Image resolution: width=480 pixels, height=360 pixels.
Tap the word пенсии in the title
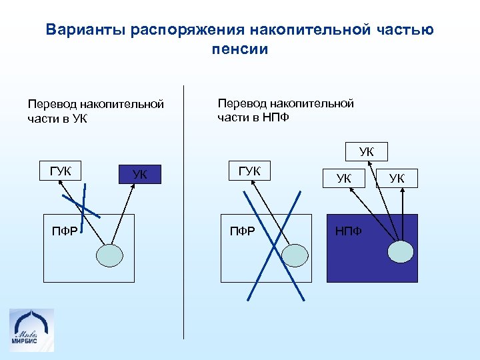point(240,49)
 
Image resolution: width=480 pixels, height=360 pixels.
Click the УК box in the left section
point(139,175)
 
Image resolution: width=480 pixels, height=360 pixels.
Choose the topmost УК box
point(366,152)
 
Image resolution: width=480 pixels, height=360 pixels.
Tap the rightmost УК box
point(397,178)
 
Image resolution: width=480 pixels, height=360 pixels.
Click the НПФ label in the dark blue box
point(348,231)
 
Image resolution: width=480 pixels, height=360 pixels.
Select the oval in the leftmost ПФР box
point(110,254)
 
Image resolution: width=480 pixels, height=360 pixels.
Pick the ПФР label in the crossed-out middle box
point(241,231)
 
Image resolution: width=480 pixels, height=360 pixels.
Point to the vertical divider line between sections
point(183,213)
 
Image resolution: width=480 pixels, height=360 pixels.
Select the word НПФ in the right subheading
point(277,118)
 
